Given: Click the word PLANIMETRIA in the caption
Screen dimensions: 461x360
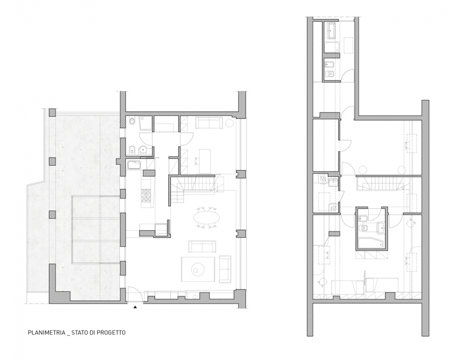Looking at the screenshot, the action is [47, 333].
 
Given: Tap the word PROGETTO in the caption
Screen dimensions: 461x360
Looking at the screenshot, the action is [111, 333].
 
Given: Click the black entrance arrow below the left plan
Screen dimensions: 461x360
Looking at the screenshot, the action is [135, 307].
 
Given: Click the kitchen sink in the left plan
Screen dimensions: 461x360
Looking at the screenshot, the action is [135, 165].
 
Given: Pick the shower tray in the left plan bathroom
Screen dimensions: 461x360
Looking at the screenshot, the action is [145, 123].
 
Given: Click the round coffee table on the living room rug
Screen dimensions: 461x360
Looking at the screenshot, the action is [196, 269].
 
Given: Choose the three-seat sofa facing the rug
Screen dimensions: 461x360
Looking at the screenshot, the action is [202, 246].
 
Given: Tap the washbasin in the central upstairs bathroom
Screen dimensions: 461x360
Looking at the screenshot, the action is [380, 228].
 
